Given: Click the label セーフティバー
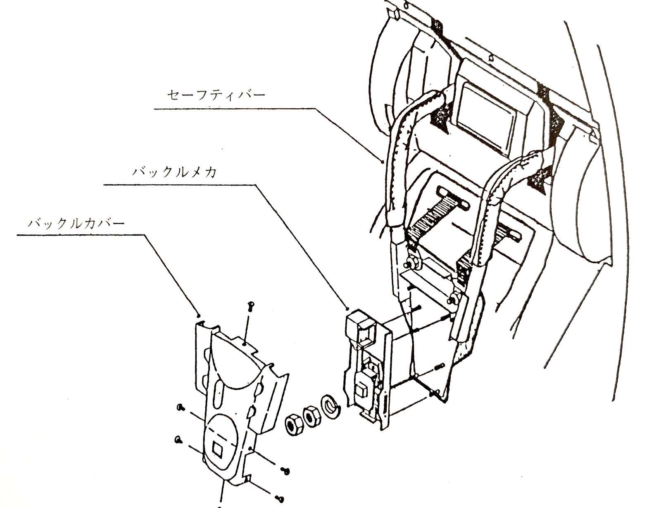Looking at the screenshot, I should tap(216, 95).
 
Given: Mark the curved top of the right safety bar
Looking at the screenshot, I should tap(521, 163).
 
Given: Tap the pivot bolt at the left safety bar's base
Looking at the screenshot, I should tap(411, 262).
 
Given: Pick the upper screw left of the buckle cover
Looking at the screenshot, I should tap(180, 408).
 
